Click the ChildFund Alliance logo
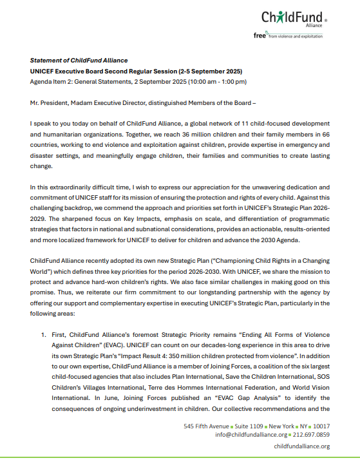tap(294, 18)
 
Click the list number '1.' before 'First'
tap(44, 335)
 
